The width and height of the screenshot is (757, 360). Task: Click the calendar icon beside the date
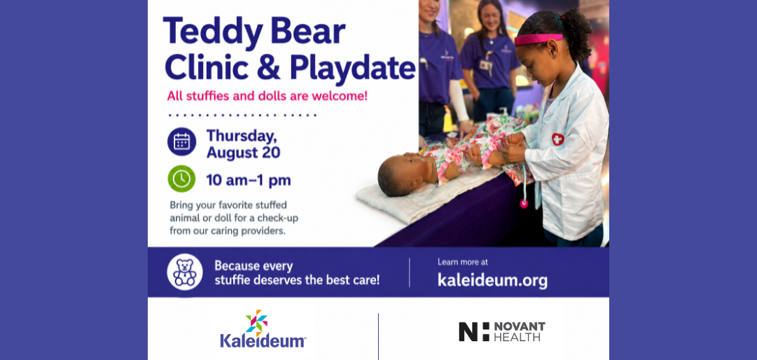coord(181,141)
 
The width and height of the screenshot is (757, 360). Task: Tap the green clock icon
coord(181,179)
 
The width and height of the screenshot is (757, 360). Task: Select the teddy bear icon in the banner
coord(185,272)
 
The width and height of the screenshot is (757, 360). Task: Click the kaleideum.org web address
coord(492,279)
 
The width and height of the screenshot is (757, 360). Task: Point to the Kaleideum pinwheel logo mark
coord(257,323)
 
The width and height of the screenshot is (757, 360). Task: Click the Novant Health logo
coord(501,331)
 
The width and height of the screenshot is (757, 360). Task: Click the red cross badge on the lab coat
coord(557,139)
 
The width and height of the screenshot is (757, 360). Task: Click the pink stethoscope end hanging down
coord(524,203)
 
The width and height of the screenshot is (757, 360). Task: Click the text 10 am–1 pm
coord(248,181)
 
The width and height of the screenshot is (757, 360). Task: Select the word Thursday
coord(242,136)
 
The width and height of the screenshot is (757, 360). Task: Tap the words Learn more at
coord(462,262)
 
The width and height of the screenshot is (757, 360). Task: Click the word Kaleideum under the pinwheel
coord(263,340)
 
